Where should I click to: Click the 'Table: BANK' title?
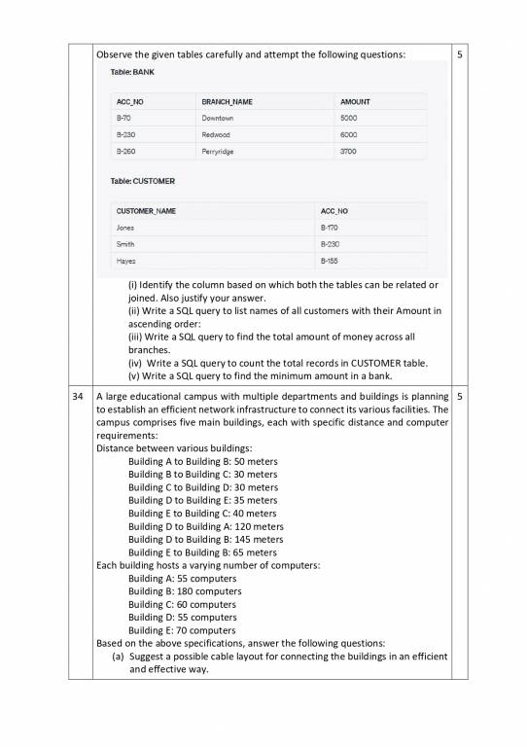pos(127,72)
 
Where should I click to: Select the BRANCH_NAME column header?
pos(228,101)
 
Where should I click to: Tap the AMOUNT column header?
pos(355,101)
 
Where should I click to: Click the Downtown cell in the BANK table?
pos(219,118)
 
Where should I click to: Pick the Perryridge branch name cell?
pos(220,152)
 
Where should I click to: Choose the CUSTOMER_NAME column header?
pos(146,210)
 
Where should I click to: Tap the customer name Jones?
pos(125,227)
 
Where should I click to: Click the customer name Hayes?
pos(125,261)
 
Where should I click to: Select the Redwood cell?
pos(216,135)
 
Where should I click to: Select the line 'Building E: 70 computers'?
pos(182,630)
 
